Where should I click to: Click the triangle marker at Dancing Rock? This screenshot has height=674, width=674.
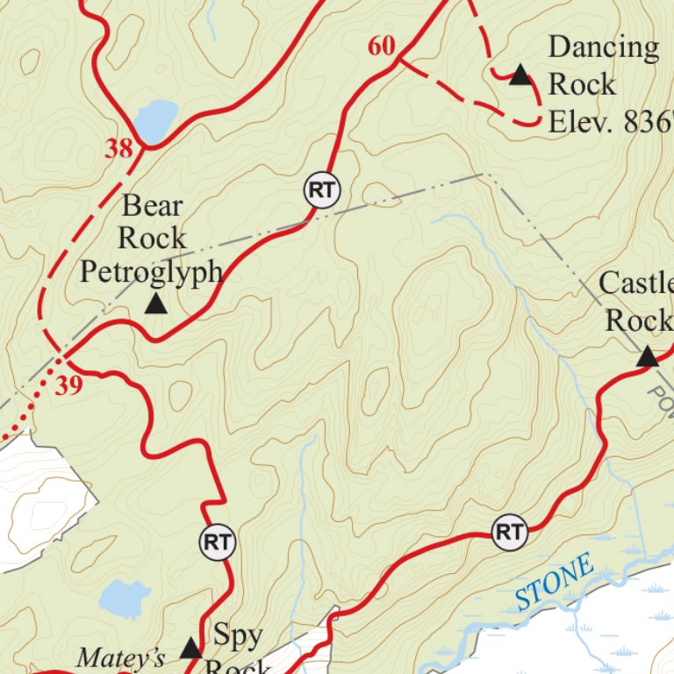point(521,76)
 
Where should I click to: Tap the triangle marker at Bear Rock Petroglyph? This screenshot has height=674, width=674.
point(155,305)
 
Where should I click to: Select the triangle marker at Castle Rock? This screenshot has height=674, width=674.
point(647,356)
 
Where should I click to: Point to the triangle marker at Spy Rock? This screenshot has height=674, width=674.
point(190,649)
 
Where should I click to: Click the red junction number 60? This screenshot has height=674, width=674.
point(382,46)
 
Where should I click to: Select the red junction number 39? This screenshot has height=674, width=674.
point(68,386)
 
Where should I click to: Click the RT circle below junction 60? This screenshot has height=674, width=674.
point(322,190)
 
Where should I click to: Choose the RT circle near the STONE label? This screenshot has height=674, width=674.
point(510,532)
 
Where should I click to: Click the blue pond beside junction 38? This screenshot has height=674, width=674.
point(155,120)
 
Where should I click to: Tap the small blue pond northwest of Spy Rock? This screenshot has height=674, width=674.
point(125,599)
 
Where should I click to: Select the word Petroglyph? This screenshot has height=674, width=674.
point(152,270)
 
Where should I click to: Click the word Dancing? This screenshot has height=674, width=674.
point(604,47)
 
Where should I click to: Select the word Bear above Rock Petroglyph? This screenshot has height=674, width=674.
point(153,206)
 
